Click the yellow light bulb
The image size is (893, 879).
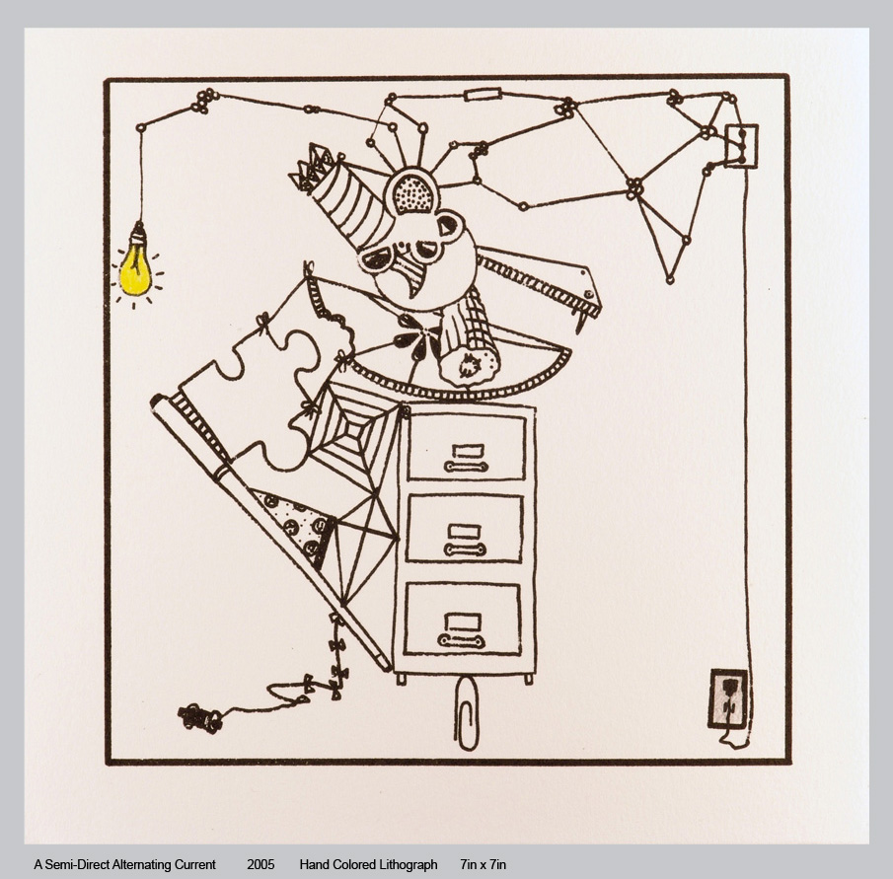coord(135,267)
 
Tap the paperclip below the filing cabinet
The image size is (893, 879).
coord(466,711)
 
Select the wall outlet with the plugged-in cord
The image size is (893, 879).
coord(728,699)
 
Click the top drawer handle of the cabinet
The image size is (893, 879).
coord(466,467)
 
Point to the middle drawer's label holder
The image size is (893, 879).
coord(465,532)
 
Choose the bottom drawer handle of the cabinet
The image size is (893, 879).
coord(462,641)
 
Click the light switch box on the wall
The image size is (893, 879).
coord(741,146)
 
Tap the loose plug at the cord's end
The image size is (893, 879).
coord(199,717)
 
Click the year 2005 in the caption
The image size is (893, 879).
coord(260,864)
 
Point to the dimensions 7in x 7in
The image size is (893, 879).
coord(483,864)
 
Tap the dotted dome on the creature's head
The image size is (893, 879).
coord(414,193)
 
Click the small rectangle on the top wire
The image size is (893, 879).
coord(483,94)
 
